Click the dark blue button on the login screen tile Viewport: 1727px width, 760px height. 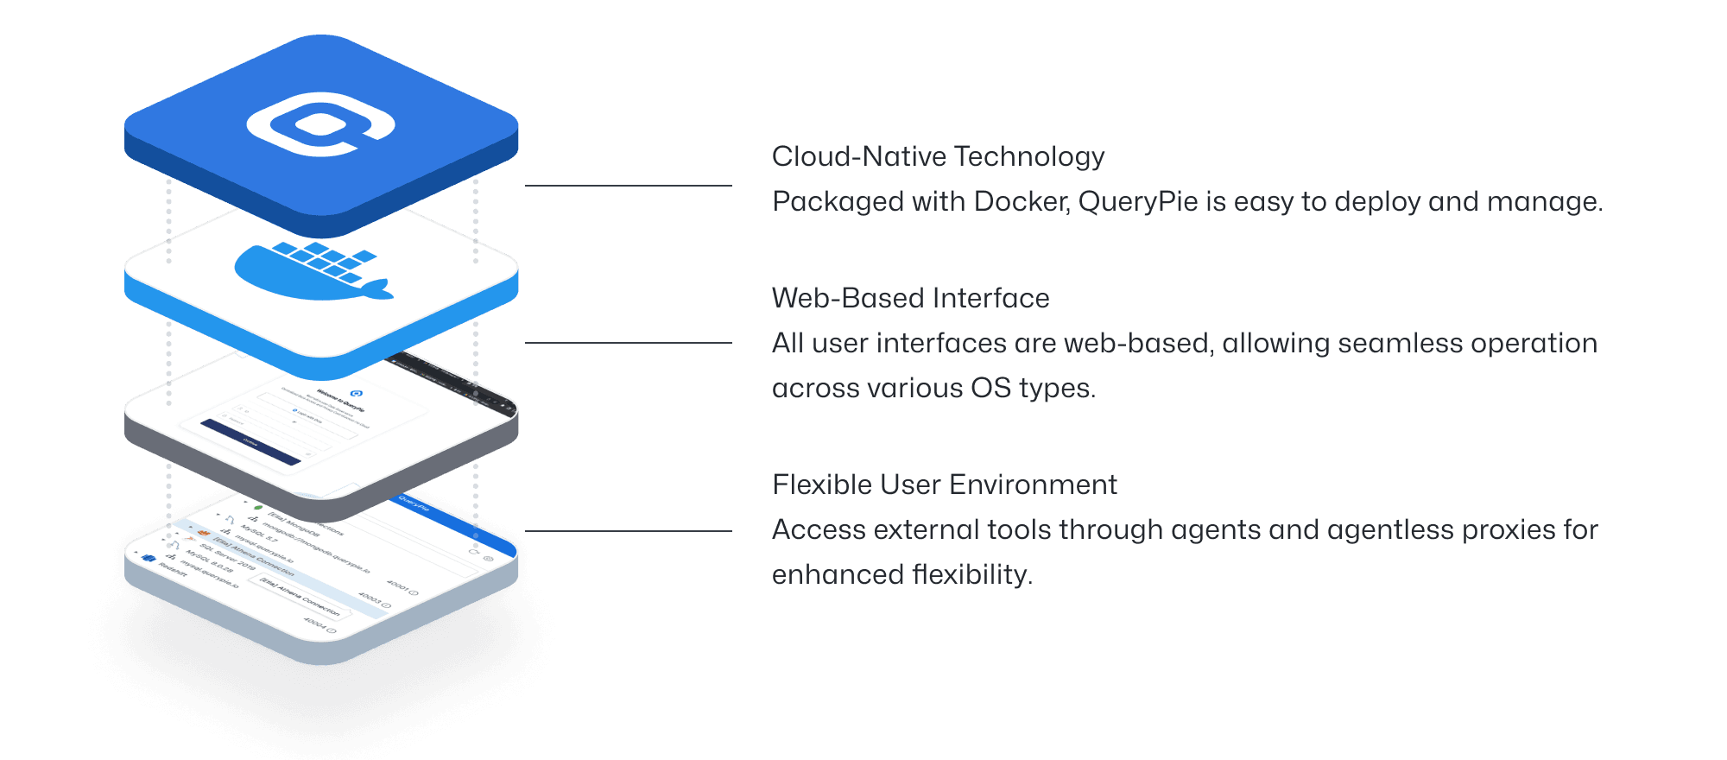250,441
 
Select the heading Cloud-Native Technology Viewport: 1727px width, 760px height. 938,156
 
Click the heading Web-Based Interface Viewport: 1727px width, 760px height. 910,298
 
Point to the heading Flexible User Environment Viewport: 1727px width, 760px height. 945,484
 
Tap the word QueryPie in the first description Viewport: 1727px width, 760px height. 1138,201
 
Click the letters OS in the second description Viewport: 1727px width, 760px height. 990,388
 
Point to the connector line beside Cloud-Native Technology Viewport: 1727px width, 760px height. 628,186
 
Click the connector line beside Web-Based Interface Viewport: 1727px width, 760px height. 628,343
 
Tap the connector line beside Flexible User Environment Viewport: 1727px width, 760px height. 628,531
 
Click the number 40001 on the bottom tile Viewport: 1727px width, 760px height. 397,586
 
